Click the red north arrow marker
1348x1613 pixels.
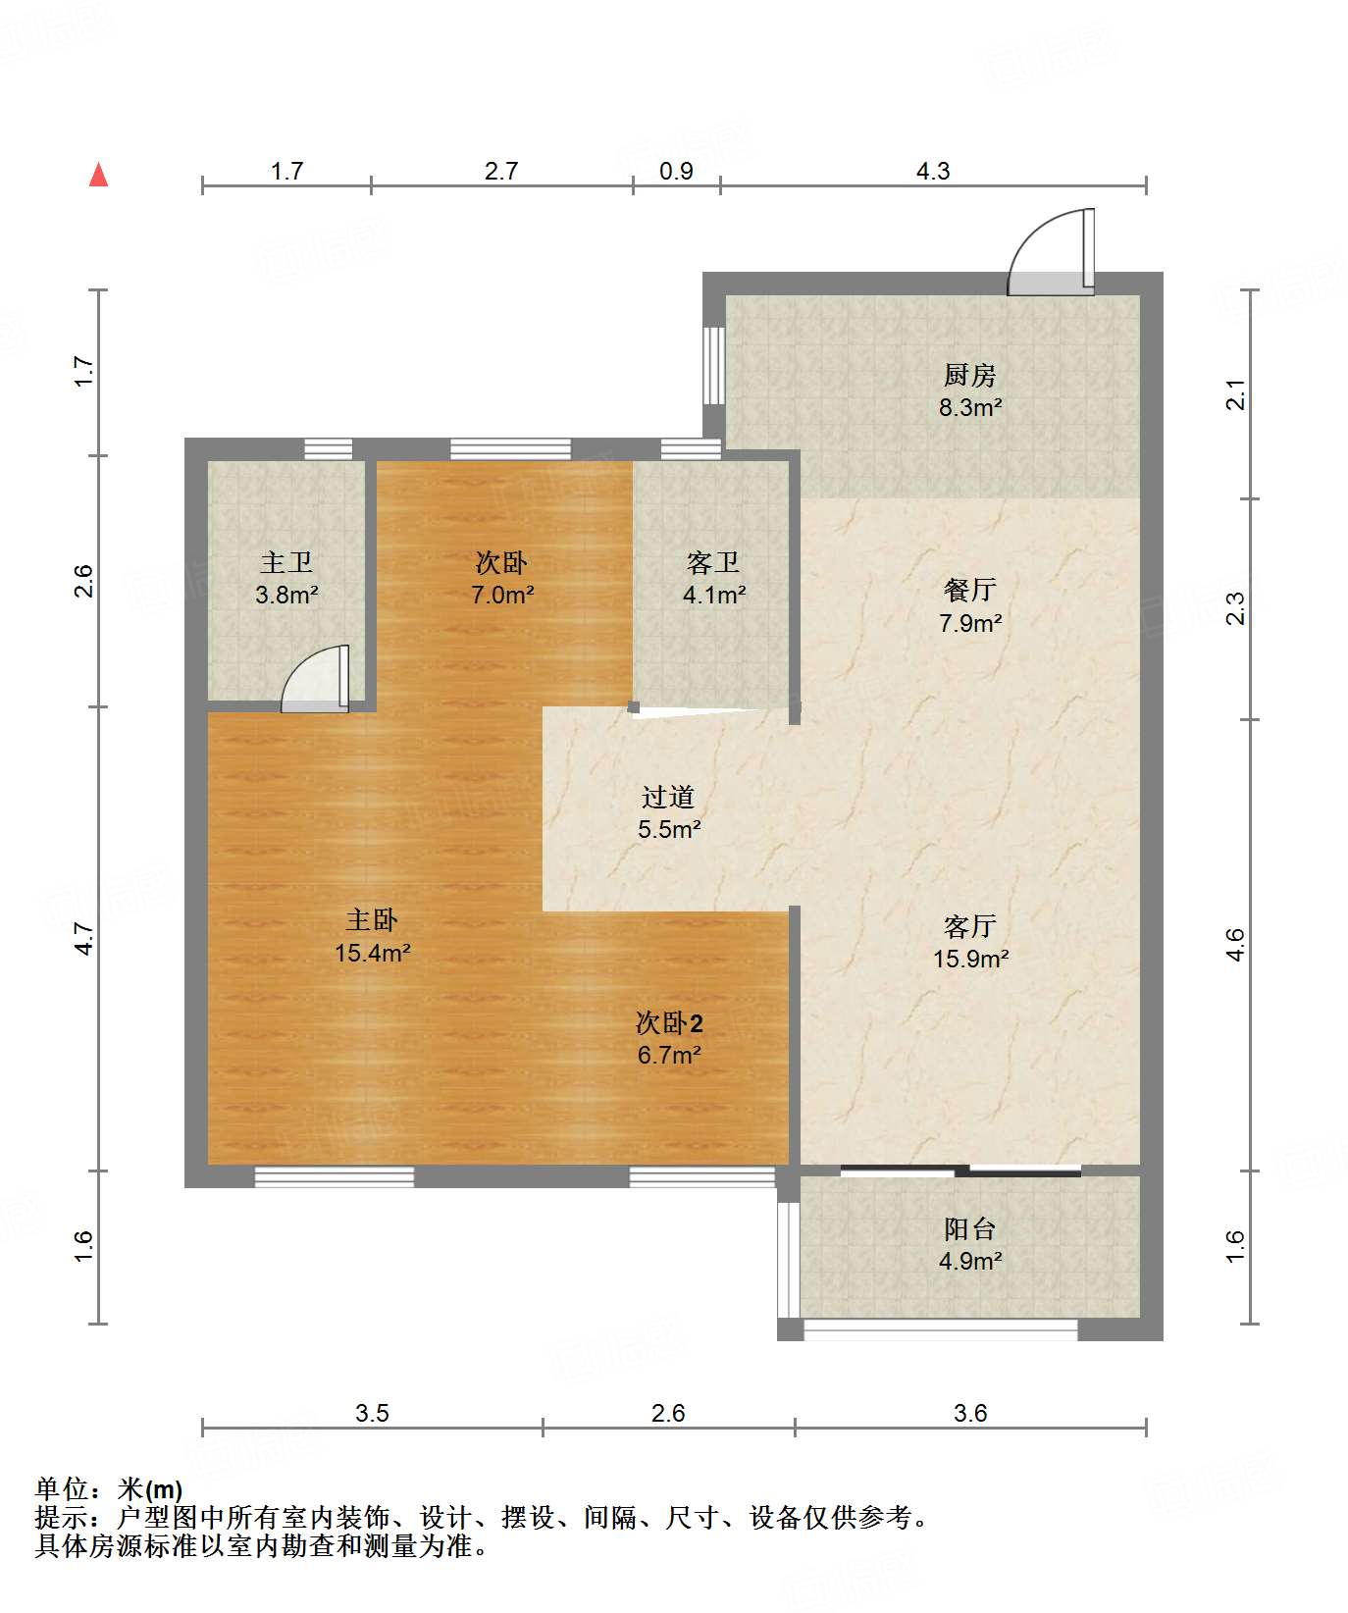(x=98, y=175)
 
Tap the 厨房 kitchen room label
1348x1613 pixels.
(x=969, y=375)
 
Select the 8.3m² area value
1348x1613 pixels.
(x=969, y=407)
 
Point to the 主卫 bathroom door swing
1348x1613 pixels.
(x=315, y=678)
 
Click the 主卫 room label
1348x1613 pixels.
(x=286, y=562)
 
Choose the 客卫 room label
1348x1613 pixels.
(x=713, y=562)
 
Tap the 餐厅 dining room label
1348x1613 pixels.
(x=969, y=590)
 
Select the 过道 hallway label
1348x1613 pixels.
(x=668, y=797)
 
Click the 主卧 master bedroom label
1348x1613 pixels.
(x=372, y=919)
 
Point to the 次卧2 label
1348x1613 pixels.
(x=669, y=1023)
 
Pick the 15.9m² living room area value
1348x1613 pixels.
(x=969, y=959)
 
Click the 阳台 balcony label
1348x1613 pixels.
(x=969, y=1228)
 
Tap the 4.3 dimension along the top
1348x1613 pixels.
(x=933, y=171)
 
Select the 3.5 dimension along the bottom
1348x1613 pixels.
(x=372, y=1413)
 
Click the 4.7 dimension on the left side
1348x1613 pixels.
(x=84, y=939)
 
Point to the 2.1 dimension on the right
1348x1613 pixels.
(x=1236, y=394)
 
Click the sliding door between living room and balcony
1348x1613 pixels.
(x=960, y=1171)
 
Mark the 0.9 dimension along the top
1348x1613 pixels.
(x=676, y=171)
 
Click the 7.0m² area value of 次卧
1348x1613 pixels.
(x=502, y=595)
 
